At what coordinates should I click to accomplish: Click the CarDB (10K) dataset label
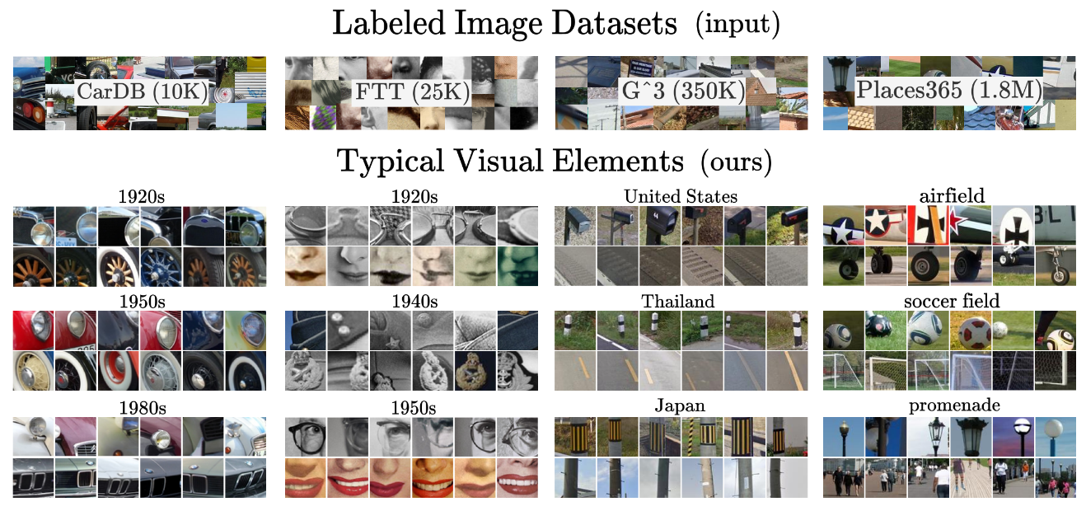coord(142,91)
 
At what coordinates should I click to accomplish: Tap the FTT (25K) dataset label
coord(413,91)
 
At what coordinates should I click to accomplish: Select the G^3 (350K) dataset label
coord(682,91)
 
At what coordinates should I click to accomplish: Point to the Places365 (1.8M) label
coord(948,90)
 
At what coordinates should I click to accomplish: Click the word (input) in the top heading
coord(737,24)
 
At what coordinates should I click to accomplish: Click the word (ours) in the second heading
coord(736,162)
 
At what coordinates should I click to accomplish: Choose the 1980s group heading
coord(143,408)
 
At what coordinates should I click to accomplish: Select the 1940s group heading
coord(414,302)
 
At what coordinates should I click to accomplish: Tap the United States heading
coord(681,196)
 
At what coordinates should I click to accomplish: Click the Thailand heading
coord(678,302)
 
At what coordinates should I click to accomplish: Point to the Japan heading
coord(680,406)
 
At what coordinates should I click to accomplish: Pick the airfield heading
coord(953,196)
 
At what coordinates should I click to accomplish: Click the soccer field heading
coord(952,301)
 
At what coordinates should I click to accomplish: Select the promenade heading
coord(954,406)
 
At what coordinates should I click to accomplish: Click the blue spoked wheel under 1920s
coord(161,267)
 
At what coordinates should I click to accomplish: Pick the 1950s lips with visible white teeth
coord(517,478)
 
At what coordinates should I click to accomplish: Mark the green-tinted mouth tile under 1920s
coord(517,266)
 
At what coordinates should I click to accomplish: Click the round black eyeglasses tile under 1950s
coord(306,437)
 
